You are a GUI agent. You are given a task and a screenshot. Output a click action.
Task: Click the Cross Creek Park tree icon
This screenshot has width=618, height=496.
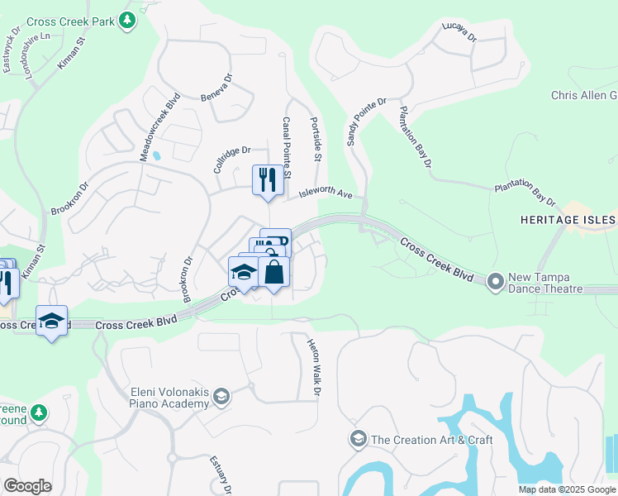tap(126, 20)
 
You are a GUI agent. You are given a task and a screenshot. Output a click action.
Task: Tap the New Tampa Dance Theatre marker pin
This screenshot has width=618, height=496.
tap(496, 282)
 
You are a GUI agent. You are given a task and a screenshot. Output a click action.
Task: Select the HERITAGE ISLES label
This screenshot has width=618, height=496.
tap(568, 220)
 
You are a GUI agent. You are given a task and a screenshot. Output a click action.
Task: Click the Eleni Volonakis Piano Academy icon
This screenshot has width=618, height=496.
tap(221, 397)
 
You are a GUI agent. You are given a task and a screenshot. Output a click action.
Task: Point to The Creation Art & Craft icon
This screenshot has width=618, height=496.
tap(358, 438)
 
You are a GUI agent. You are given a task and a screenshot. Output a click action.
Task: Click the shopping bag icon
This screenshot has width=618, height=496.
tap(273, 272)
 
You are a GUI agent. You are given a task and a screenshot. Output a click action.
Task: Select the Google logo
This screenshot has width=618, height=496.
tap(27, 485)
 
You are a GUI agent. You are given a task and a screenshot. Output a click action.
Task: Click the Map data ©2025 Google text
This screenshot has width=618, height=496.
tap(567, 489)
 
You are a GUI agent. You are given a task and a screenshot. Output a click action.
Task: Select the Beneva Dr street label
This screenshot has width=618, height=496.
tap(217, 90)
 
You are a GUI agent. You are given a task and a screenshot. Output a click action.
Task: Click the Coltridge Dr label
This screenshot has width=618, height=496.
tap(231, 157)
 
